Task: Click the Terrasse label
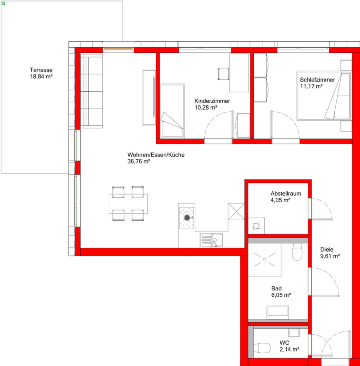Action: point(41,70)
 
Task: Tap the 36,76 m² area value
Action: point(139,161)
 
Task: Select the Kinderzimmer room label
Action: point(212,101)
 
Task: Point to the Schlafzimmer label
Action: point(318,80)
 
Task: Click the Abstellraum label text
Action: point(286,194)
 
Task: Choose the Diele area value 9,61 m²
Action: point(330,256)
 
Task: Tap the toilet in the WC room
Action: point(262,348)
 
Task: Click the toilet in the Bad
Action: point(297,252)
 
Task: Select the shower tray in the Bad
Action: point(264,260)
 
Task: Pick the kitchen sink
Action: point(211,240)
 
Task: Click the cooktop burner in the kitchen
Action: point(187,218)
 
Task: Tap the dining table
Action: point(128,204)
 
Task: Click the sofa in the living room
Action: point(92,91)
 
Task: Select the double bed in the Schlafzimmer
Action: point(324,96)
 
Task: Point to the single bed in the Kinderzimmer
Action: point(172,111)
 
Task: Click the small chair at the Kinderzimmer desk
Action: point(223,74)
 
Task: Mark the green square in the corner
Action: point(3,3)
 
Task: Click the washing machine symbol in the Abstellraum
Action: point(256,226)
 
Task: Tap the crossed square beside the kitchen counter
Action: point(236,212)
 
